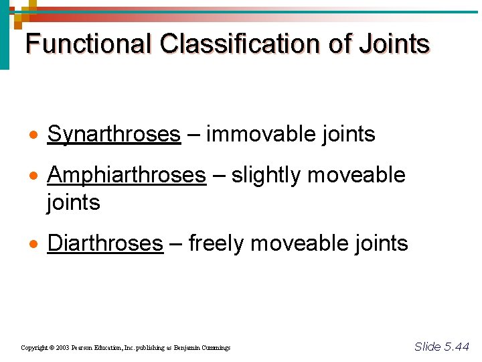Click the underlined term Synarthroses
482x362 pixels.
point(114,135)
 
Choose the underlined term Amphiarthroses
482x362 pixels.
point(127,176)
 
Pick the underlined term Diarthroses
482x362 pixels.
point(105,243)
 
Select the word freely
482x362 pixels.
point(216,243)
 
